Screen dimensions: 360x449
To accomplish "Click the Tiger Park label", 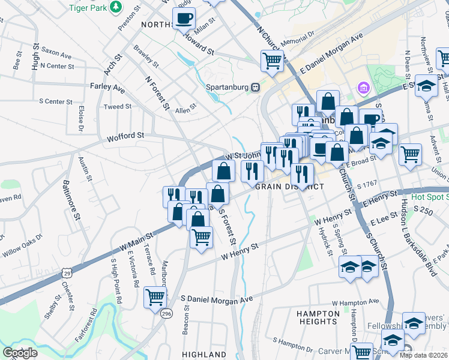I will click(x=91, y=7).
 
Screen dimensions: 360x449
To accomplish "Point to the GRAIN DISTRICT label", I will click(x=289, y=187).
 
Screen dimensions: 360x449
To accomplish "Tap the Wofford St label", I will click(x=125, y=136).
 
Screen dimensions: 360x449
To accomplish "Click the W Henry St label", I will click(x=240, y=250).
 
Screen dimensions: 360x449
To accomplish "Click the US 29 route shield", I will click(x=65, y=273).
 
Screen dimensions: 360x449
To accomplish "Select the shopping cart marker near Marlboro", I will click(x=155, y=296).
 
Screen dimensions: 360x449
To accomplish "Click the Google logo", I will click(x=20, y=353).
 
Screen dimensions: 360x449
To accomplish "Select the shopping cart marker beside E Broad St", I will click(x=411, y=154).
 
